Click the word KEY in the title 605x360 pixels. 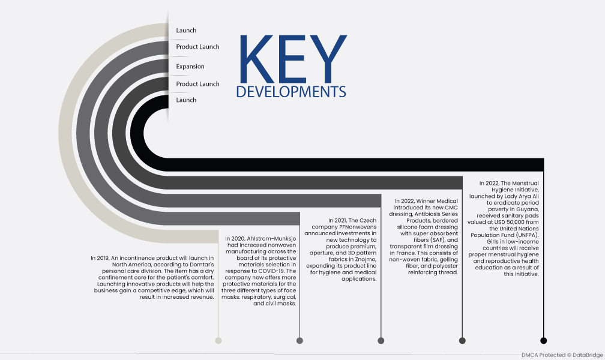tap(293, 59)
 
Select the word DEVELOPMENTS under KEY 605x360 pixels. tap(291, 92)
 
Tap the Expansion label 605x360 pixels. tap(190, 67)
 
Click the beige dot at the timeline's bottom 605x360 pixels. tap(218, 340)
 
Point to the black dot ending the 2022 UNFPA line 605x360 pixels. tap(544, 340)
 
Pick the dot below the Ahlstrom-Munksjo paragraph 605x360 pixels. tap(300, 340)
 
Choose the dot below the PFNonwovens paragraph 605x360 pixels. tap(381, 340)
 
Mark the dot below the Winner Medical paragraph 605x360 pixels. tap(462, 340)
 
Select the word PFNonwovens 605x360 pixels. tap(358, 227)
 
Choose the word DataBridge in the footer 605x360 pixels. tap(588, 355)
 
